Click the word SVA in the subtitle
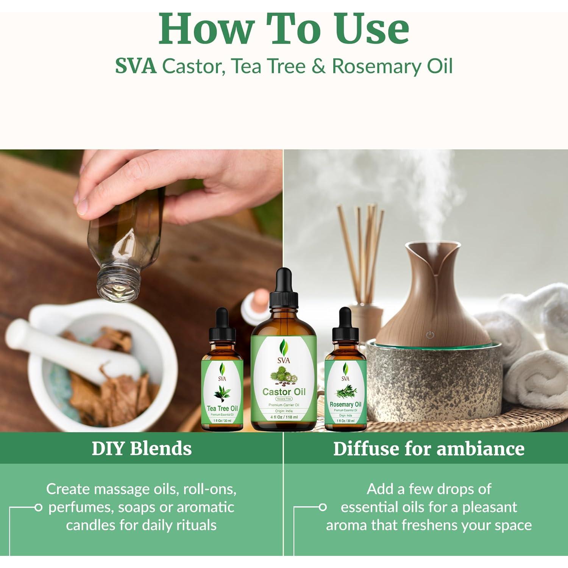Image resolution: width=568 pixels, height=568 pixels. [135, 66]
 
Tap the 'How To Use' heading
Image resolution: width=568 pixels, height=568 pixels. [284, 30]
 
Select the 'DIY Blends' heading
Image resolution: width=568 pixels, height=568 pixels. [142, 448]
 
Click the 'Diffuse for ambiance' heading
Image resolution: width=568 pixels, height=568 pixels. [429, 449]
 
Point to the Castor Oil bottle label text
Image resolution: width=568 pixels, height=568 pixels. [284, 392]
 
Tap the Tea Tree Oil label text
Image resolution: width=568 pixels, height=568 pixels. [222, 409]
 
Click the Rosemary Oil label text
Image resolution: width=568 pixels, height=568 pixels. [345, 404]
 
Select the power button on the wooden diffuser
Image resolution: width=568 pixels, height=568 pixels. [429, 335]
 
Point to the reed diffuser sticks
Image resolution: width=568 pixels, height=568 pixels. [362, 246]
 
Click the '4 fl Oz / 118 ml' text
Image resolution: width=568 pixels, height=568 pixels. [284, 417]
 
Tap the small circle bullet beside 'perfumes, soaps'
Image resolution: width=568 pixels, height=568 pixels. [38, 507]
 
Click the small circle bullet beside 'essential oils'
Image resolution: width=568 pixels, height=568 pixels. [323, 507]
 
